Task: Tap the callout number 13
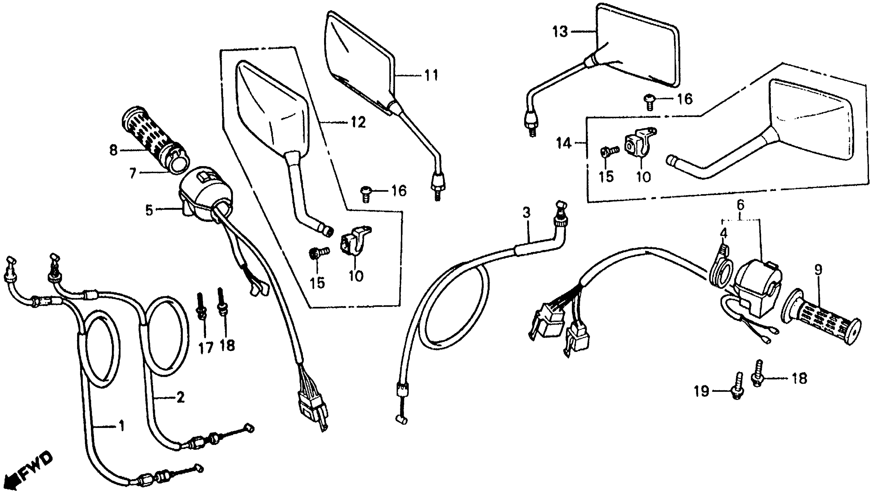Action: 560,32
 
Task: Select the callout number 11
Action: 431,75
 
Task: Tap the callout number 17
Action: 206,348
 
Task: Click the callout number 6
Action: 740,205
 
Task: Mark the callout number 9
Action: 818,270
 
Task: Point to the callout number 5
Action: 149,210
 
